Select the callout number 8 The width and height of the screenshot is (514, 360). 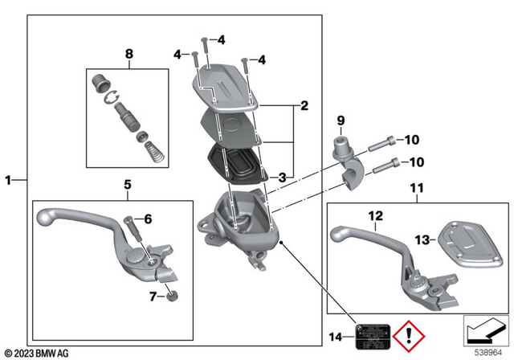coord(127,55)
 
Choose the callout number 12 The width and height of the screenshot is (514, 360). coord(376,215)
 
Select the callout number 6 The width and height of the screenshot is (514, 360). coord(147,219)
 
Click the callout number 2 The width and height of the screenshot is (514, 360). coord(304,105)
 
